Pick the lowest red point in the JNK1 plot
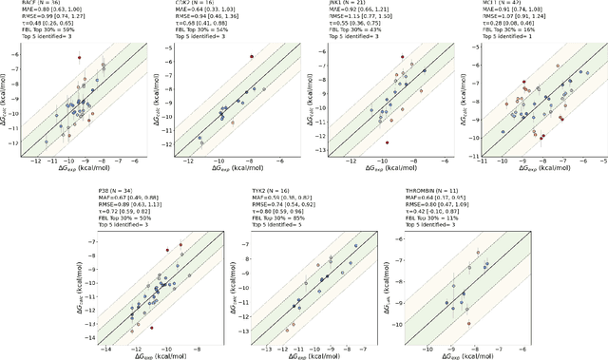(x=387, y=142)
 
